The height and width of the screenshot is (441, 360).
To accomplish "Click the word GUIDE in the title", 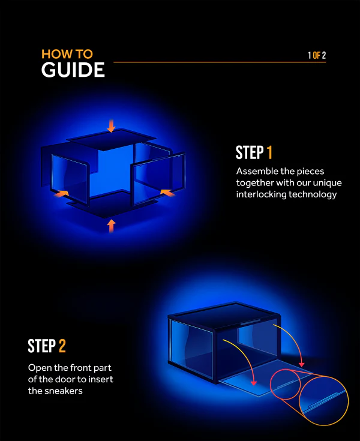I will click(73, 70).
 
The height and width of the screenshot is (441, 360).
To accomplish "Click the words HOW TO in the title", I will click(67, 54).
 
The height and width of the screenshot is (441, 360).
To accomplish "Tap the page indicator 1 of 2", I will click(317, 56).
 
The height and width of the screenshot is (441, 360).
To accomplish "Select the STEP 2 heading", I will click(47, 346).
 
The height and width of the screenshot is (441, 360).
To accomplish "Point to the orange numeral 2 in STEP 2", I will click(62, 346).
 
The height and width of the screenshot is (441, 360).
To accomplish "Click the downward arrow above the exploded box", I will click(110, 126).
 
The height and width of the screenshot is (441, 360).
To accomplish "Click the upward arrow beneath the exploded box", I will click(110, 226).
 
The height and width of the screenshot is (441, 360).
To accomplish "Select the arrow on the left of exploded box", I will click(61, 193).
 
